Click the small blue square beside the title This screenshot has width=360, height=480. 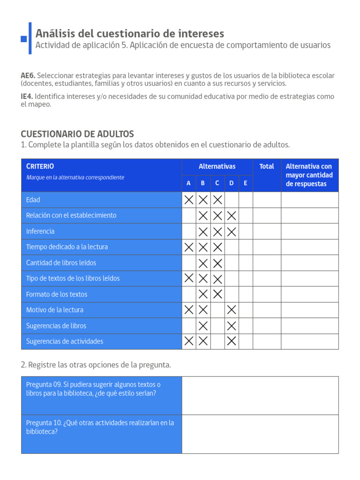pyautogui.click(x=24, y=39)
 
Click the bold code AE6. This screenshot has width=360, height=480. pyautogui.click(x=28, y=75)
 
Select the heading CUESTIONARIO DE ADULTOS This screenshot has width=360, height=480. pyautogui.click(x=77, y=134)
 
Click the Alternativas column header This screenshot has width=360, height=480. pyautogui.click(x=217, y=166)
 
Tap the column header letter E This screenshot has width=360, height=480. pyautogui.click(x=245, y=183)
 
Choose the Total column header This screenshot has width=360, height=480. pyautogui.click(x=267, y=166)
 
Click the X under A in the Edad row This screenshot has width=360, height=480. pyautogui.click(x=189, y=200)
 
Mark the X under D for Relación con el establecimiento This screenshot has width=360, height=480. pyautogui.click(x=232, y=216)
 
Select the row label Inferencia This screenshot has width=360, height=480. pyautogui.click(x=40, y=232)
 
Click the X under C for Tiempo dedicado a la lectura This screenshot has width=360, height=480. pyautogui.click(x=217, y=247)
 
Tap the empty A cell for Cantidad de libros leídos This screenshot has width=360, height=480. pyautogui.click(x=189, y=263)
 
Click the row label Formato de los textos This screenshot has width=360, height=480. pyautogui.click(x=57, y=294)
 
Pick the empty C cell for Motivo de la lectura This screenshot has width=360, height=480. pyautogui.click(x=217, y=310)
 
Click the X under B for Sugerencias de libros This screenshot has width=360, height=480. pyautogui.click(x=203, y=326)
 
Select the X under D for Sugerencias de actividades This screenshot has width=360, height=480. pyautogui.click(x=232, y=341)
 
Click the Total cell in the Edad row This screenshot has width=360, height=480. pyautogui.click(x=267, y=200)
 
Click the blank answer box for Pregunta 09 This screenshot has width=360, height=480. pyautogui.click(x=260, y=396)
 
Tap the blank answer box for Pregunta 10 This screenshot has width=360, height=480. pyautogui.click(x=260, y=434)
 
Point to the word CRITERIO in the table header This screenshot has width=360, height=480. pyautogui.click(x=40, y=166)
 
